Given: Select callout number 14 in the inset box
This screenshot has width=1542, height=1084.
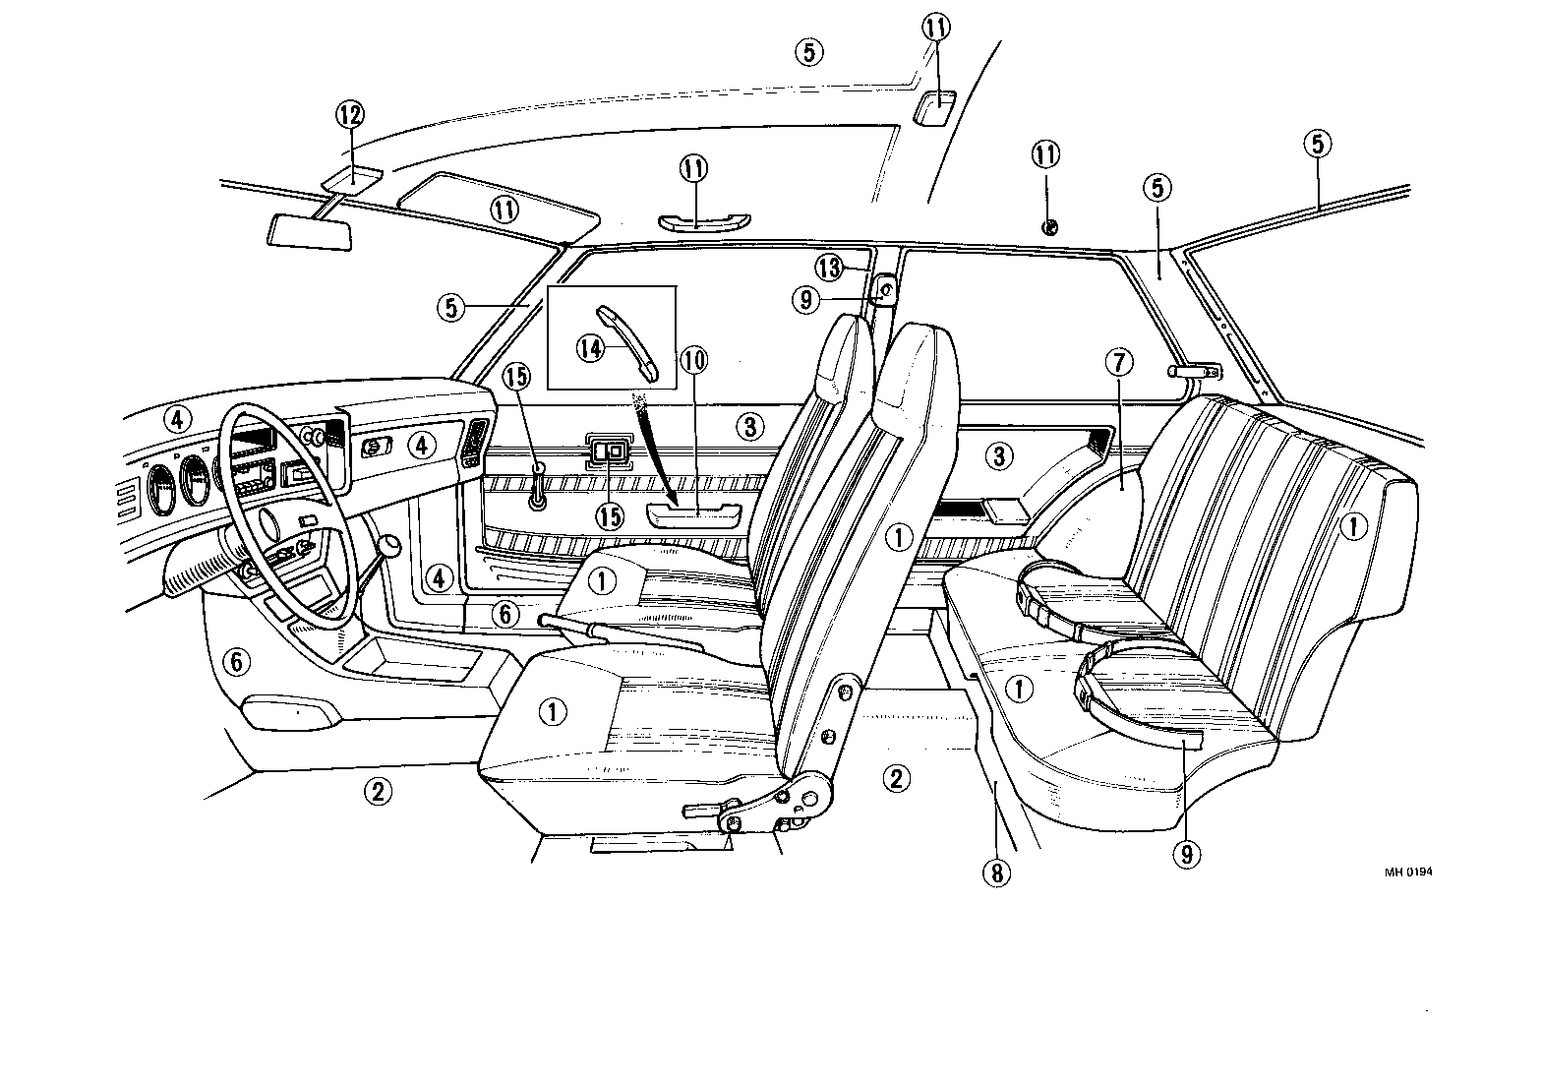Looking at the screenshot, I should (590, 350).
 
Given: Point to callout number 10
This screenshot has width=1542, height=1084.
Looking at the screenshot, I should (693, 361).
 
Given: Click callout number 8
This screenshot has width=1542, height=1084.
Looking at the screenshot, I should (995, 871).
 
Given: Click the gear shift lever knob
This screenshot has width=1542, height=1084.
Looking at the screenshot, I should (390, 545).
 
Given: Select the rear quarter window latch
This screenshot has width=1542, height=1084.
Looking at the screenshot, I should (1194, 372).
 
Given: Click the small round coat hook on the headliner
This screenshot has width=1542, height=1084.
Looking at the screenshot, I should (1048, 228).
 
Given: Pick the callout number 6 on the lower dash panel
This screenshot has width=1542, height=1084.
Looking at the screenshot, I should (236, 662).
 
